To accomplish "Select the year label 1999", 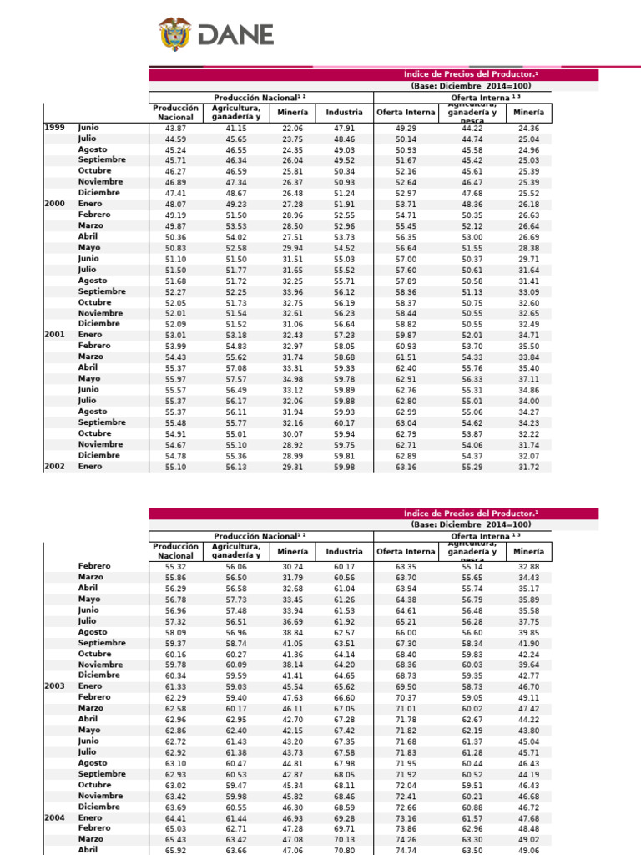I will click(x=55, y=126).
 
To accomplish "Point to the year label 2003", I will click(x=55, y=686).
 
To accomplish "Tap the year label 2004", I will click(x=55, y=817).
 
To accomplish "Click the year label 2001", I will click(x=55, y=335).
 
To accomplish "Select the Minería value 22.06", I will click(x=292, y=127).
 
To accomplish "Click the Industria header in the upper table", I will click(x=344, y=112).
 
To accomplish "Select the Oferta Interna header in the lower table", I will click(x=406, y=551).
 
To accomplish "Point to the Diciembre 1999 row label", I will click(x=99, y=192).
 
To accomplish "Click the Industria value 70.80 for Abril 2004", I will click(x=344, y=850).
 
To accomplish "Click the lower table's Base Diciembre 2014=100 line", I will click(x=472, y=524).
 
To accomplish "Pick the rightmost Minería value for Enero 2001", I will click(x=529, y=335).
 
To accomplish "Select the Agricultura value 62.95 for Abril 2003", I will click(x=236, y=719).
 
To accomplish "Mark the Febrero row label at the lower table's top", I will click(x=95, y=566).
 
